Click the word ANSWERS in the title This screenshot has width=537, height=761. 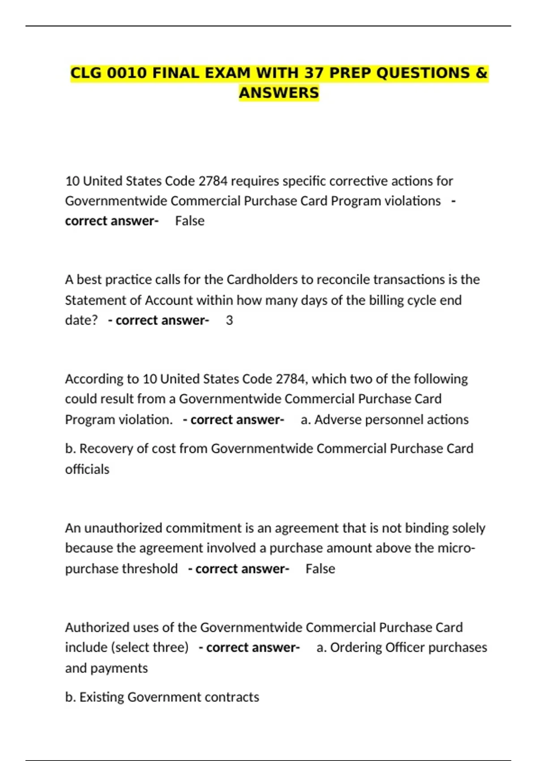(279, 93)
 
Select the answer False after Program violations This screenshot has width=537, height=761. (190, 221)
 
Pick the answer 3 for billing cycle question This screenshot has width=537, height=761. (229, 321)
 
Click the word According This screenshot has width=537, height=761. (94, 379)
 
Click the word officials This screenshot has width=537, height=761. (87, 469)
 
